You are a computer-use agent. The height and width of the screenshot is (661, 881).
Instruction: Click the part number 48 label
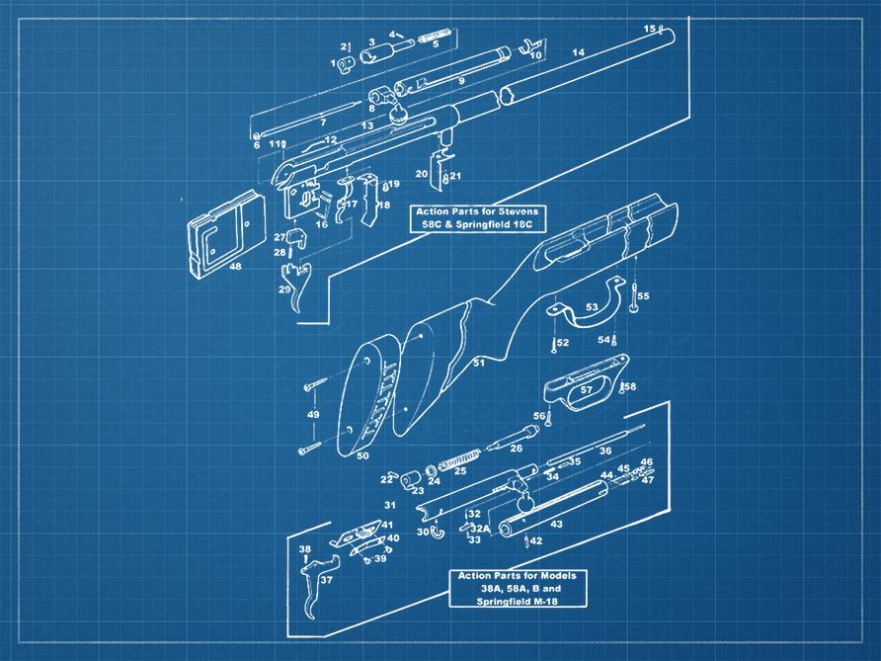(235, 266)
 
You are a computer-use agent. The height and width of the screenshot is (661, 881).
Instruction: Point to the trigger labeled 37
(316, 585)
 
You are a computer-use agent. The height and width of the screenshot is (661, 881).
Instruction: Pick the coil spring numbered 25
(459, 458)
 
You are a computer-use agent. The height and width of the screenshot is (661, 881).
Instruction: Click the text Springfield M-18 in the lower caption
(517, 602)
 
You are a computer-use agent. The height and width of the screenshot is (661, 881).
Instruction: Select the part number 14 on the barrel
(578, 52)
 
